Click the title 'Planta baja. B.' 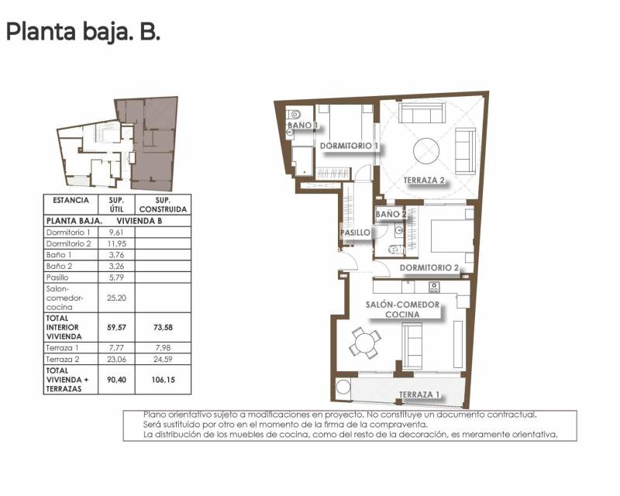83,33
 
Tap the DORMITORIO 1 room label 349,146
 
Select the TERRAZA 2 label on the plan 424,181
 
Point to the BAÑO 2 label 391,214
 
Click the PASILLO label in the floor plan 354,232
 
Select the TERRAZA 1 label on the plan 419,395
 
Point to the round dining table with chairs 363,341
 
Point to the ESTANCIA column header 70,201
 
